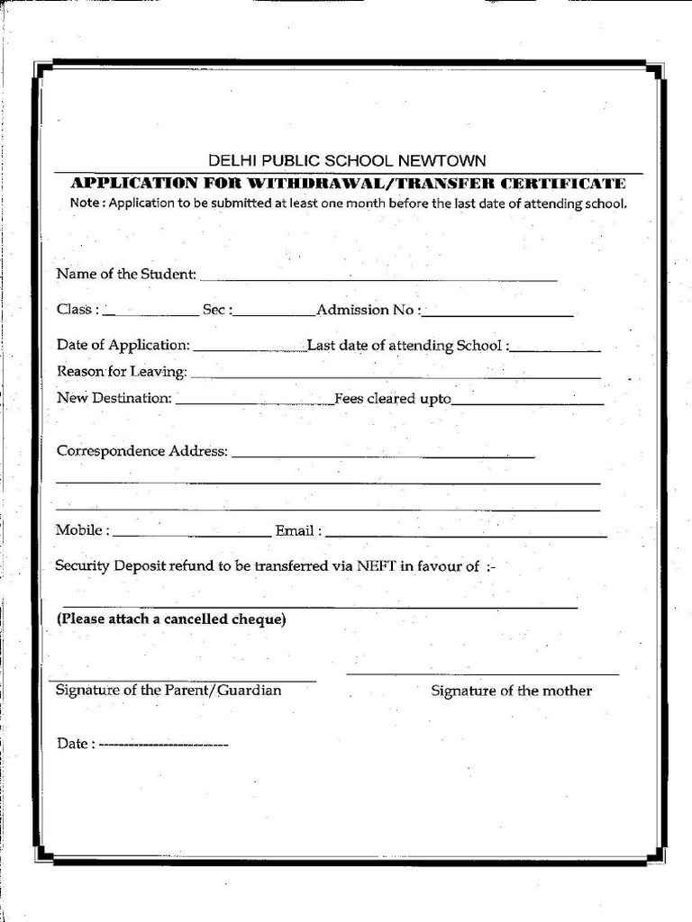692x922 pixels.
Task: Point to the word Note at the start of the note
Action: point(86,203)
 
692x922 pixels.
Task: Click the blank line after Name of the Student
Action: point(378,279)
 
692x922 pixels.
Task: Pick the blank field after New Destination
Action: point(254,404)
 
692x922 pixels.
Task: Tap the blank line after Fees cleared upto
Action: point(527,404)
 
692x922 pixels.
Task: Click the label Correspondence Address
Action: point(141,451)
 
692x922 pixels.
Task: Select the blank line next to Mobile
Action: point(192,536)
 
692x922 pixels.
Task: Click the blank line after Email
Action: point(466,536)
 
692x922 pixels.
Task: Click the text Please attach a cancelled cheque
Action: point(171,619)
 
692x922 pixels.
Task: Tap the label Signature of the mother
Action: point(511,691)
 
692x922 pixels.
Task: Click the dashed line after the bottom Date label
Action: point(163,745)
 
